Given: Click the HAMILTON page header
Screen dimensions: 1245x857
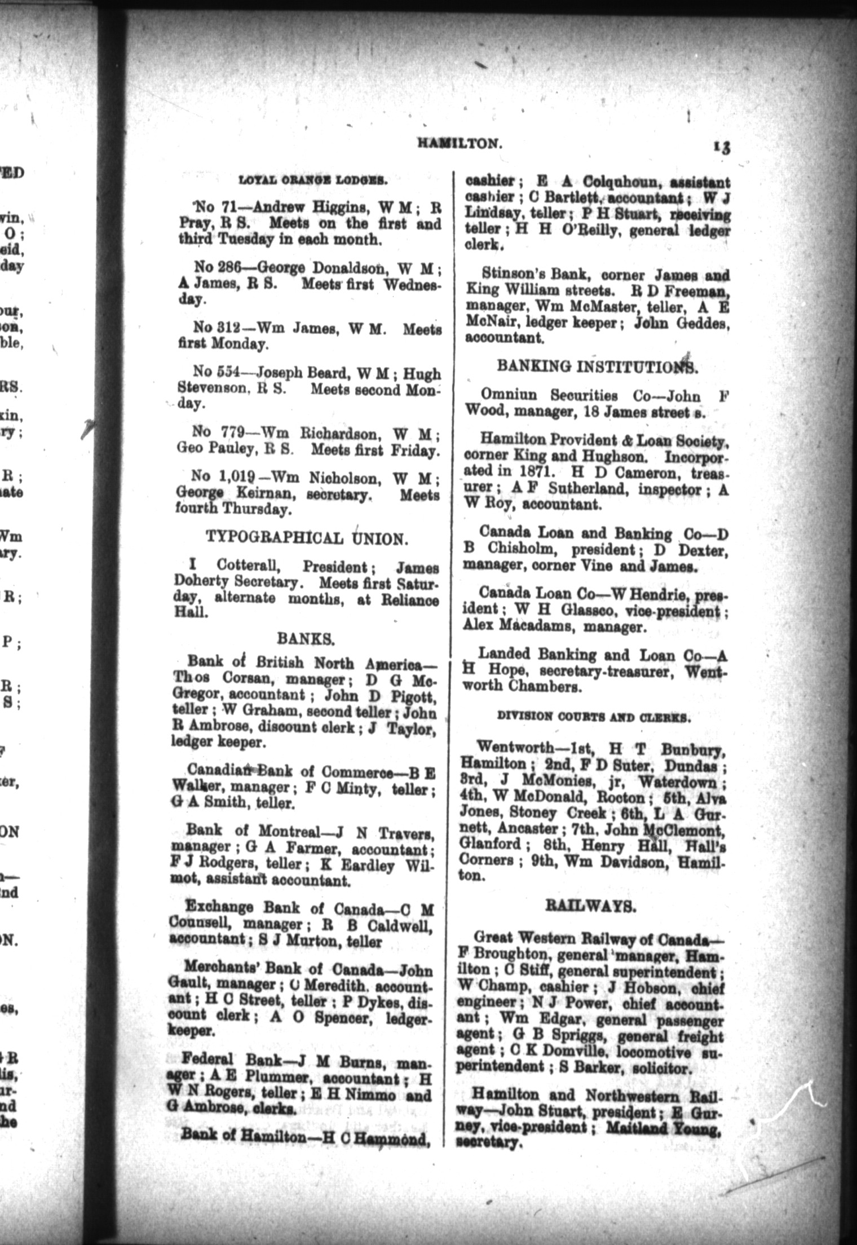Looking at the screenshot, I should coord(459,143).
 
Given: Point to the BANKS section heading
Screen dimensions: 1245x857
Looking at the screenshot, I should coord(306,638).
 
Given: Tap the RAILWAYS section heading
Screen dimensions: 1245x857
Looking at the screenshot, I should coord(590,906).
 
